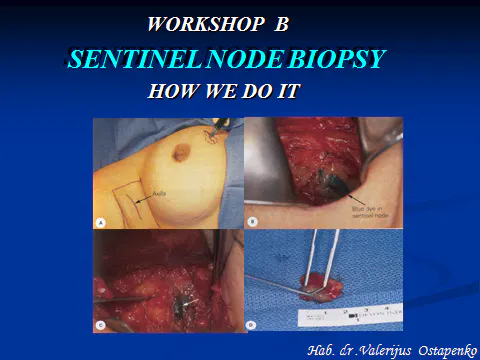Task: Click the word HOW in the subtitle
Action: point(168,92)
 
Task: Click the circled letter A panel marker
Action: point(101,221)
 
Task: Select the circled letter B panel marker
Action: point(253,221)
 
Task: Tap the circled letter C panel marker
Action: point(101,324)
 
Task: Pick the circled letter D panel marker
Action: point(253,324)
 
